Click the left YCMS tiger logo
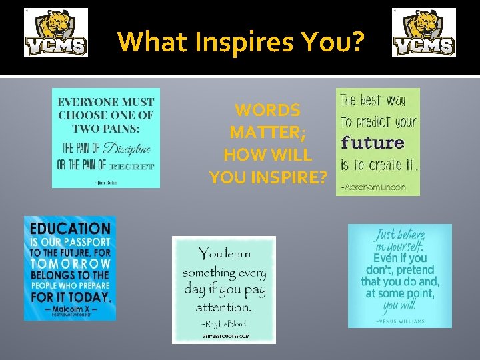[56, 33]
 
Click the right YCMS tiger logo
[424, 33]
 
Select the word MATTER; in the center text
[267, 132]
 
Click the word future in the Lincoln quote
[373, 142]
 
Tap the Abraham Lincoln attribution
[373, 187]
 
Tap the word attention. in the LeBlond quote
[223, 307]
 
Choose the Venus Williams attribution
[399, 321]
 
